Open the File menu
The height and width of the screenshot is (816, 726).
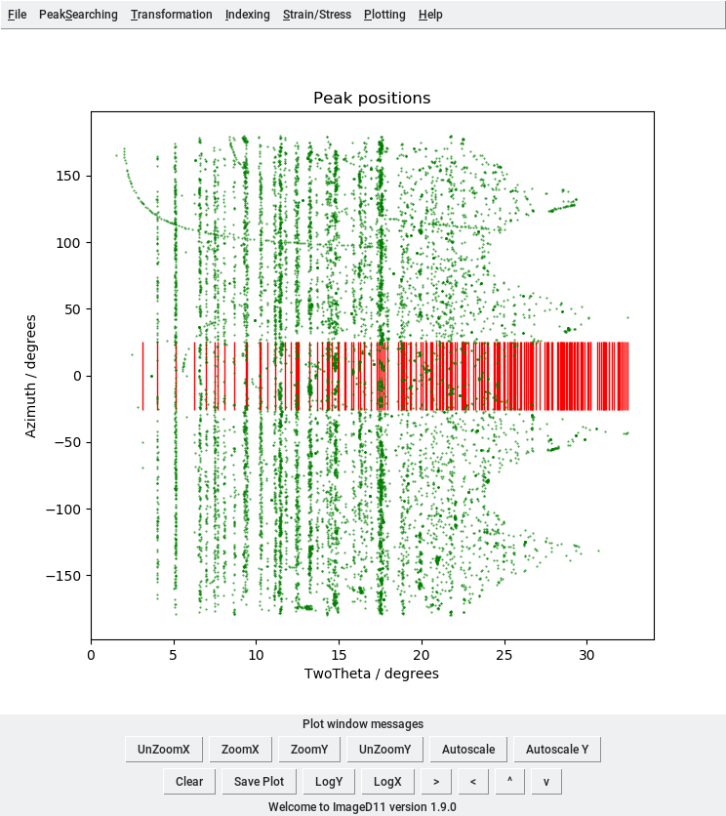coord(18,15)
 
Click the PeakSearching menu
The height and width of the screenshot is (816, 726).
coord(78,15)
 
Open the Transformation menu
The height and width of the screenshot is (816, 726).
coord(172,15)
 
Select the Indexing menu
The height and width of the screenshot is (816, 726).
coord(247,15)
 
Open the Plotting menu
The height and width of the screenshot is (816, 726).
coord(384,15)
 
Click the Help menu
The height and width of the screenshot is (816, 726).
coord(430,15)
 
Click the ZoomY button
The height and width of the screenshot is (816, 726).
coord(308,750)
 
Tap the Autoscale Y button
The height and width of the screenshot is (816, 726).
coord(557,750)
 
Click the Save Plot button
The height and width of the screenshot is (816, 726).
coord(259,781)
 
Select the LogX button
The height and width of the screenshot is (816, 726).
coord(387,781)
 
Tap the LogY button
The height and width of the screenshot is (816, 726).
coord(328,781)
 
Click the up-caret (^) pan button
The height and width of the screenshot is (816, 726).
coord(509,781)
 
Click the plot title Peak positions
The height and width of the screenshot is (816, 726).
coord(372,99)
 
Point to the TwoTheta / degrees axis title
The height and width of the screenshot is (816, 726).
coord(372,673)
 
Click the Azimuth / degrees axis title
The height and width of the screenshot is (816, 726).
coord(31,376)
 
